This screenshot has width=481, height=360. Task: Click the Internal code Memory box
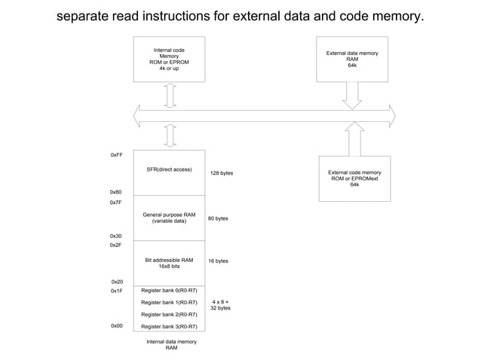(169, 59)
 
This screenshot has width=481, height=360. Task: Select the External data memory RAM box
(352, 59)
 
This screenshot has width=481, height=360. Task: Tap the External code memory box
(354, 178)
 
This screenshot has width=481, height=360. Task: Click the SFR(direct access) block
(169, 172)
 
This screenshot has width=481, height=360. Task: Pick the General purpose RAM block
(169, 218)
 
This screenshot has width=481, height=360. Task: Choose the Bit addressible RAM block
(169, 263)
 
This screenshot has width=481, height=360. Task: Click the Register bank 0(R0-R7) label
(169, 291)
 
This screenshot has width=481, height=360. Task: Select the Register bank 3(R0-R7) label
(169, 326)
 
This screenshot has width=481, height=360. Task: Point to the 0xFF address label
(116, 154)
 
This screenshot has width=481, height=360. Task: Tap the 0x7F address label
(116, 203)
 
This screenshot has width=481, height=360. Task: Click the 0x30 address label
(116, 236)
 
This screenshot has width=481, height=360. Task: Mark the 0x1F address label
(116, 291)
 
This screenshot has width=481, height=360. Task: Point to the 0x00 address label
(116, 326)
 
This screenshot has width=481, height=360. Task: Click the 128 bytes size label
(221, 173)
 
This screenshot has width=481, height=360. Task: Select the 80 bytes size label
(218, 218)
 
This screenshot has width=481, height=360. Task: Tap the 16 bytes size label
(218, 261)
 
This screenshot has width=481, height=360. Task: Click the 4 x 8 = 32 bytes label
(220, 304)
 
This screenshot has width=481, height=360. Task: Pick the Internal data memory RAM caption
(171, 344)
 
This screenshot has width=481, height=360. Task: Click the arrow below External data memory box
(352, 94)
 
